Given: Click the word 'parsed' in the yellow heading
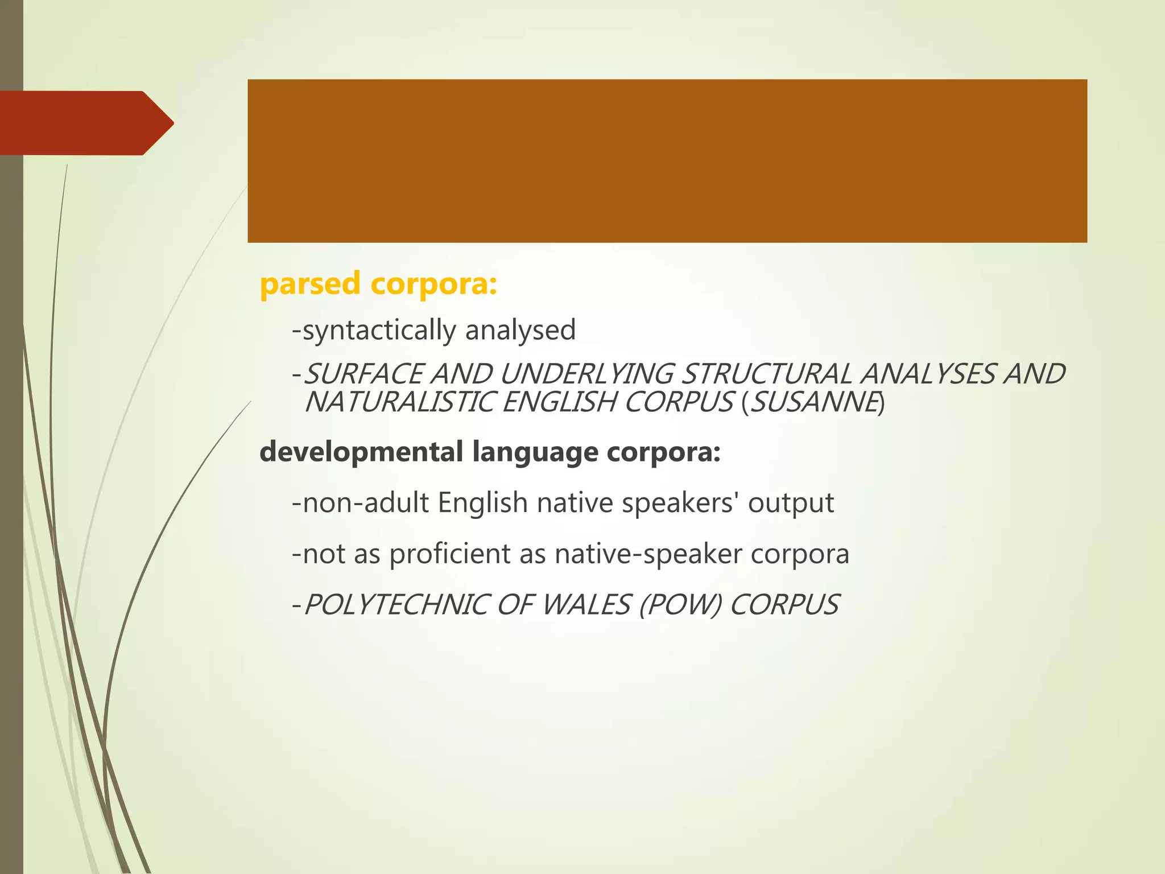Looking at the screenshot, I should click(x=310, y=284).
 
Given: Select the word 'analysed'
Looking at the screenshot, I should click(x=520, y=330).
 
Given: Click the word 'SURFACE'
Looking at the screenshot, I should click(x=364, y=374).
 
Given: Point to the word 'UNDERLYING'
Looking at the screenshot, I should click(x=586, y=374).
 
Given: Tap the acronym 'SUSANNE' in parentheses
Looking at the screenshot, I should click(x=813, y=403).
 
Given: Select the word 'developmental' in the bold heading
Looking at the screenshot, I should click(x=361, y=452).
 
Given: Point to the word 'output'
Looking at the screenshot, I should click(x=791, y=503).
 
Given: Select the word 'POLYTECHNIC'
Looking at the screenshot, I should click(x=396, y=605).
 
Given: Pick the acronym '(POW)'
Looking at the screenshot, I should click(x=680, y=605).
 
